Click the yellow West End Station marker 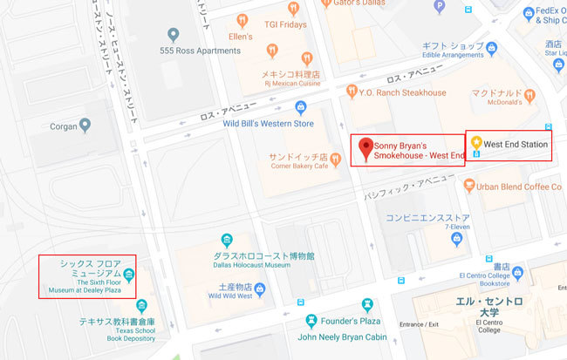pos(476,141)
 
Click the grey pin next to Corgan pos(85,126)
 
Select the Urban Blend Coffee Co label pos(518,186)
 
